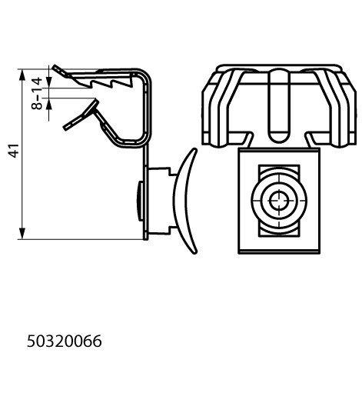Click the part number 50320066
(x=65, y=341)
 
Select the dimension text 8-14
(x=37, y=93)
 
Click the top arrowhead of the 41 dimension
(x=22, y=75)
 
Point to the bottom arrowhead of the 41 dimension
(x=22, y=234)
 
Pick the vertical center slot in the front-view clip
(x=278, y=105)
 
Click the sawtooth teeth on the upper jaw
(x=111, y=83)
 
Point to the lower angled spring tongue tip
(x=80, y=115)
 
